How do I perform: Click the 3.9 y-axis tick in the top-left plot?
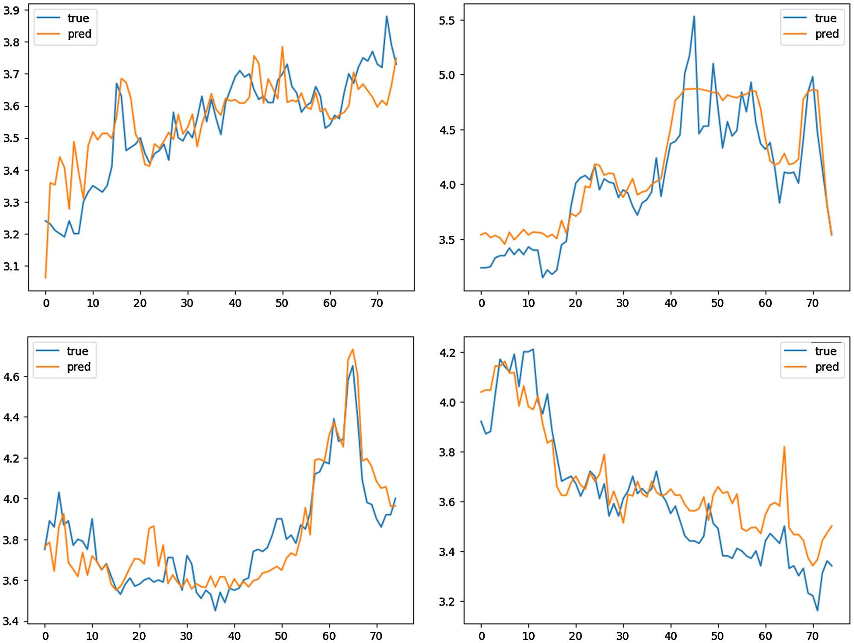(12, 10)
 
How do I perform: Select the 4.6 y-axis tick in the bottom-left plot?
(12, 376)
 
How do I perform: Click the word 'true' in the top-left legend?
(78, 18)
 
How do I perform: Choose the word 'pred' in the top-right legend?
(827, 34)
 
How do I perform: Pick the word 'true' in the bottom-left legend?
(77, 351)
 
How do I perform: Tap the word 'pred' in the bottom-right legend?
(827, 367)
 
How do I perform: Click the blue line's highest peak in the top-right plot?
(694, 16)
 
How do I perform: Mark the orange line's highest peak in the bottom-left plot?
(353, 349)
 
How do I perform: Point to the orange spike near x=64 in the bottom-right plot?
(784, 447)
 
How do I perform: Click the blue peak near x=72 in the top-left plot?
(387, 16)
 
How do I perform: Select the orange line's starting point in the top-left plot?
(46, 278)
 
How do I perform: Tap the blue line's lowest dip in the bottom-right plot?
(817, 611)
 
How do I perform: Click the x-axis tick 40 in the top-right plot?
(670, 303)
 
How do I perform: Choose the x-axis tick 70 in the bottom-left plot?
(376, 636)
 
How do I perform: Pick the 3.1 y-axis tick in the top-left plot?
(12, 266)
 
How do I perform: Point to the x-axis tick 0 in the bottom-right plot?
(482, 636)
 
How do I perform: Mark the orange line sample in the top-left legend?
(48, 34)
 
